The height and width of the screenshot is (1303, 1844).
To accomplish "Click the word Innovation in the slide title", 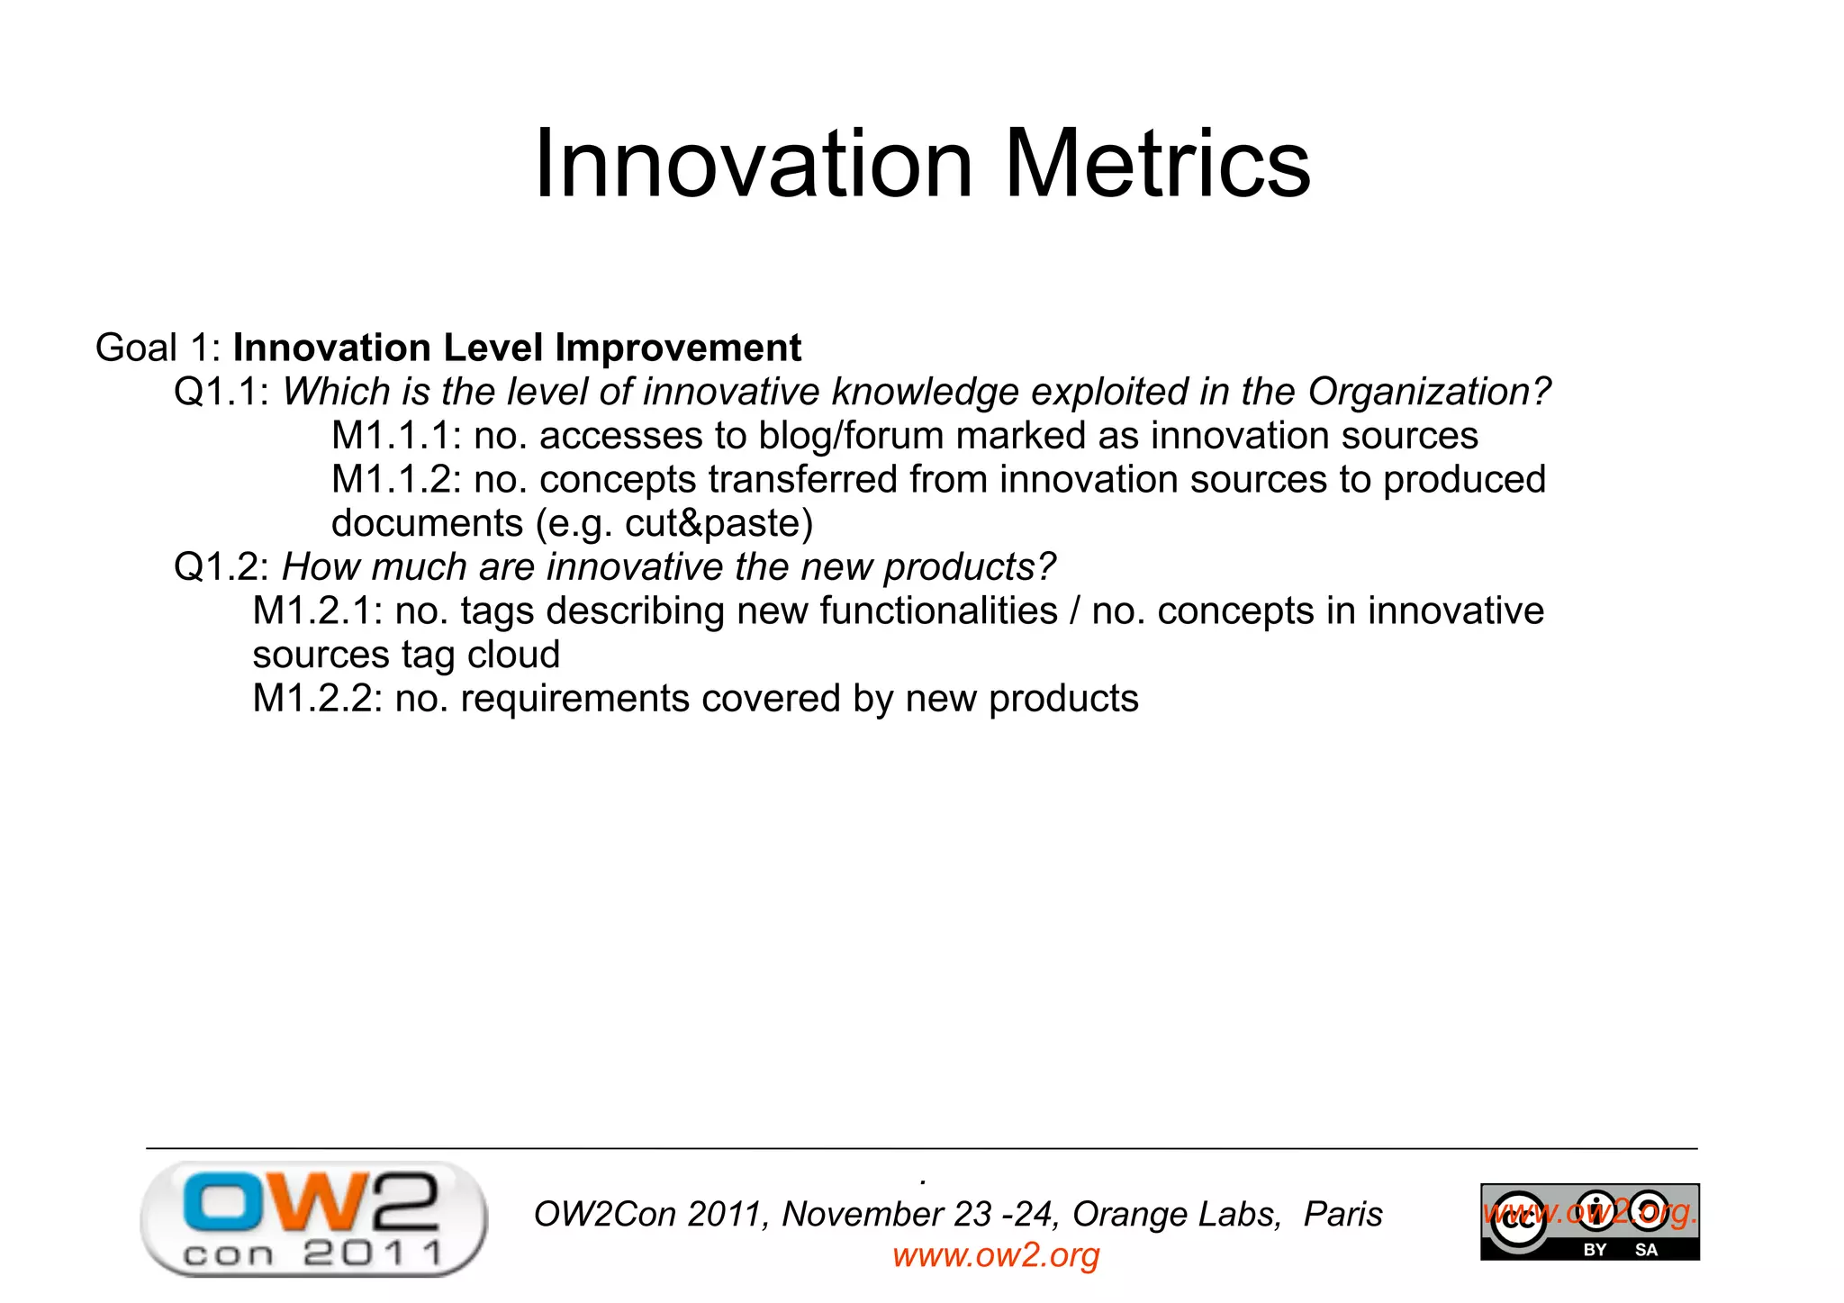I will [754, 164].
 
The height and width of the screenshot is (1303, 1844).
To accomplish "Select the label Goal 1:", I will [158, 348].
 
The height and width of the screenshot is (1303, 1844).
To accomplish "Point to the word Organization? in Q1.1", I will [1429, 393].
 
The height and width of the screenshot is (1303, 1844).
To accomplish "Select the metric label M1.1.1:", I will [396, 436].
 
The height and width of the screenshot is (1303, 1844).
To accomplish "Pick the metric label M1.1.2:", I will [396, 480].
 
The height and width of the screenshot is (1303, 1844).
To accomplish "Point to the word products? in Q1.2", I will [969, 567].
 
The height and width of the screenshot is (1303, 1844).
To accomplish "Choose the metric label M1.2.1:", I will [318, 611].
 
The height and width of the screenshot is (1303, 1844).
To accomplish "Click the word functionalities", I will [938, 611].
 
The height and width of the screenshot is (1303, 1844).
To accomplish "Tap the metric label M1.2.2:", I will [318, 699].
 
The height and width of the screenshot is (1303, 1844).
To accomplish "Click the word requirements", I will [574, 699].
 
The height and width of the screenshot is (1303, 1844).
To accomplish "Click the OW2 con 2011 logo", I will [313, 1219].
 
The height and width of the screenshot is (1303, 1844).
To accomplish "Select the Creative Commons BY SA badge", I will [1589, 1222].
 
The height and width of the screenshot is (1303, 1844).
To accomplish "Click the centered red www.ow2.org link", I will [996, 1255].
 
